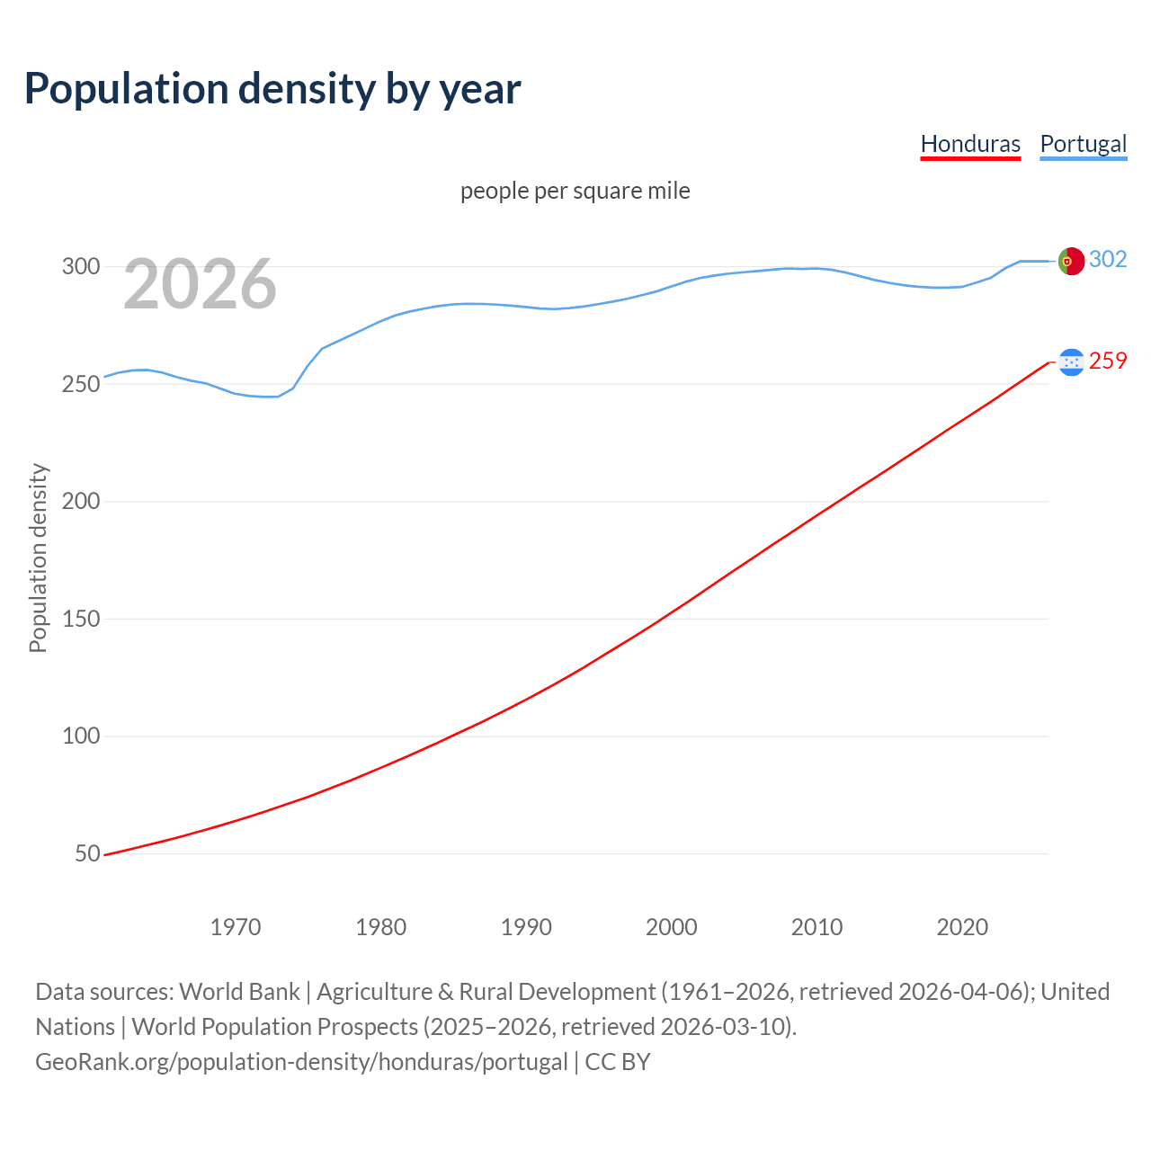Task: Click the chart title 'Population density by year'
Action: click(x=272, y=89)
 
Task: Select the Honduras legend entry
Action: click(x=970, y=144)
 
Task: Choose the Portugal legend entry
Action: click(x=1083, y=144)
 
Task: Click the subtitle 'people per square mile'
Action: click(x=575, y=191)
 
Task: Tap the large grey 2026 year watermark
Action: click(x=200, y=285)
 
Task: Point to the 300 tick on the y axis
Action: click(x=80, y=266)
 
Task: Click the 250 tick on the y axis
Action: click(x=80, y=384)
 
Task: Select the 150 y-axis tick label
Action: click(x=80, y=619)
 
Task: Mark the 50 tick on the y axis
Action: click(x=87, y=853)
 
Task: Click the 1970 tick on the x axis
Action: click(x=236, y=927)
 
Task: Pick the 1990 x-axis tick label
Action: click(x=526, y=927)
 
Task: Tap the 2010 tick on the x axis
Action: click(x=816, y=927)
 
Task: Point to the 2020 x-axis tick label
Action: click(x=962, y=927)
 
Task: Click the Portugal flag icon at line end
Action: click(x=1071, y=261)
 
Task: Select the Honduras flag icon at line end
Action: click(x=1071, y=361)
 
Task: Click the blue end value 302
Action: click(x=1108, y=260)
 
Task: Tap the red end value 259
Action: click(x=1108, y=361)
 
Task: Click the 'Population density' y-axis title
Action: click(x=38, y=558)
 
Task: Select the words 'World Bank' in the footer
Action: click(x=239, y=992)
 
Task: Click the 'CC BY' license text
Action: click(x=618, y=1062)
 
